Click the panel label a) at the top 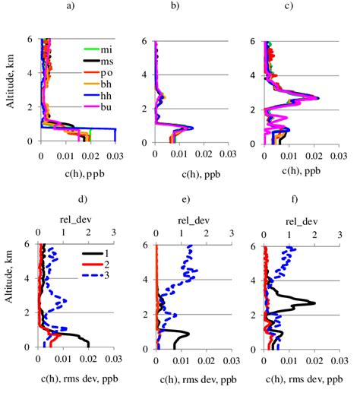71,7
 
